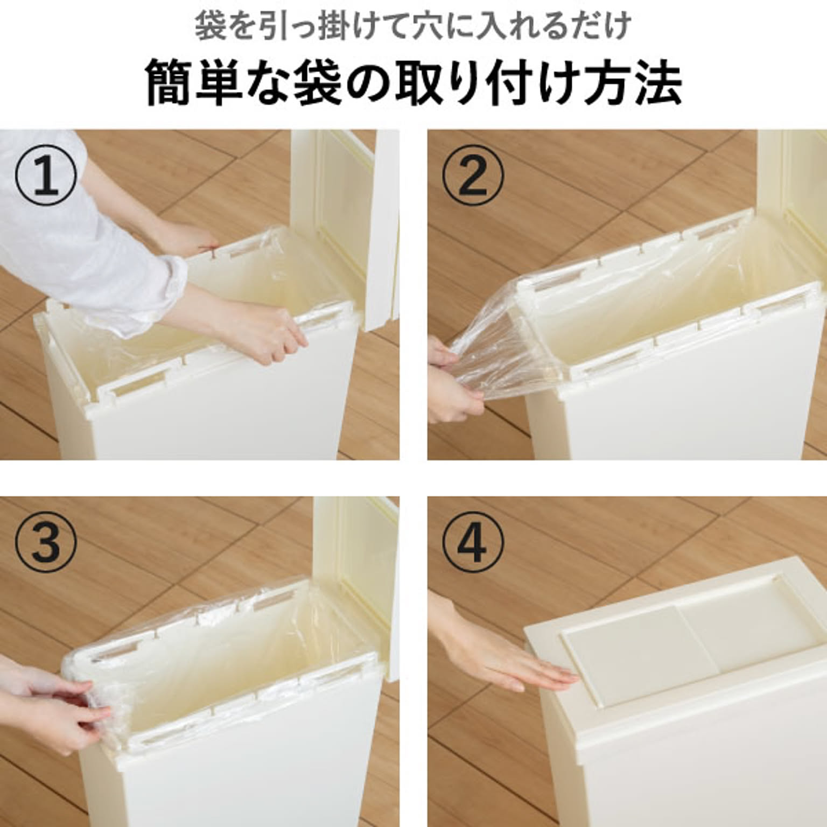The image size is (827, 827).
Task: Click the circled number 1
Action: point(46,178)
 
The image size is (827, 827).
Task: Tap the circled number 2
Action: point(473,178)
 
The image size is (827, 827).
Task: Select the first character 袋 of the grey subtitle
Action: point(209,26)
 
